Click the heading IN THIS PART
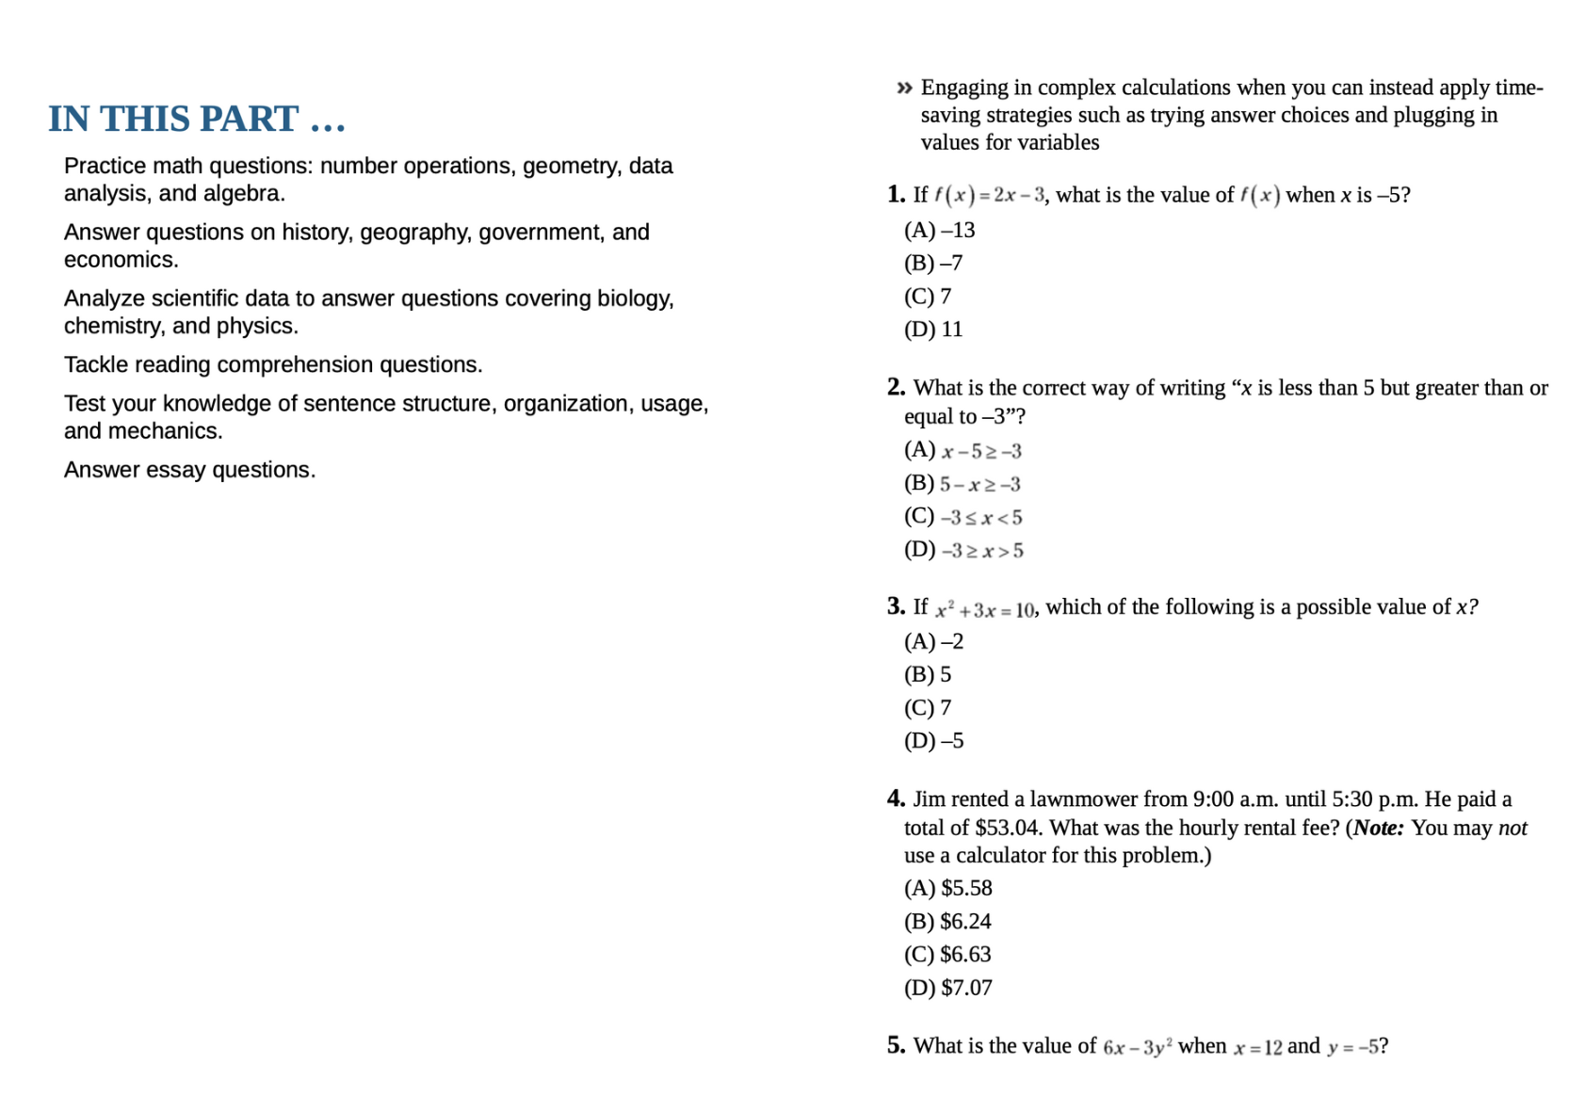(x=197, y=119)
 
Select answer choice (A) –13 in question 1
(x=939, y=230)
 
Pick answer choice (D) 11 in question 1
(x=933, y=330)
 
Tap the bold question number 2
(x=896, y=387)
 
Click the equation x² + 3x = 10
(x=985, y=610)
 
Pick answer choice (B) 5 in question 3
(x=928, y=675)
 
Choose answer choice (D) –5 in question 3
(x=933, y=741)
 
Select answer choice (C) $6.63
(x=947, y=955)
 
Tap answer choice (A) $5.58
(x=947, y=889)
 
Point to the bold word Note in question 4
(x=1378, y=828)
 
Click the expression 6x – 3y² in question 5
(x=1137, y=1047)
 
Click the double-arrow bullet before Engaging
(x=904, y=89)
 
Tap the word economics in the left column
(x=121, y=260)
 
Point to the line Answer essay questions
(x=189, y=470)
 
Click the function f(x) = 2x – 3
(x=989, y=196)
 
